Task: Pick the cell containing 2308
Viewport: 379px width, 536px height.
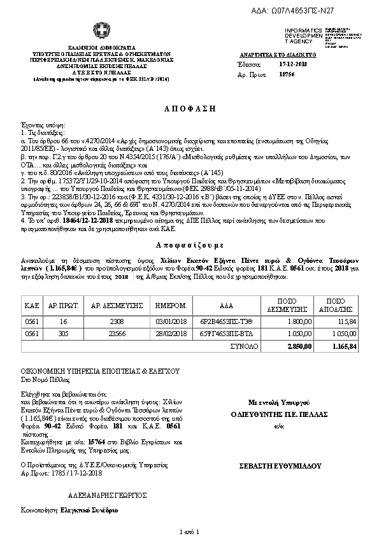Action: pos(121,321)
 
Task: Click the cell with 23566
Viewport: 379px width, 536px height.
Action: pos(121,334)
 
